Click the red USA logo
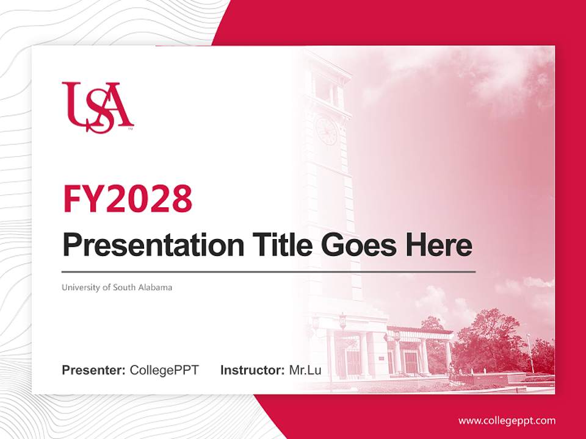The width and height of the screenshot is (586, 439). point(98,107)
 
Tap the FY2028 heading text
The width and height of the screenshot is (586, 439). point(128,199)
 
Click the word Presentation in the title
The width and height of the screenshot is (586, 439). point(153,246)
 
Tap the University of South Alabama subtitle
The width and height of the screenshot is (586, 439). point(117,287)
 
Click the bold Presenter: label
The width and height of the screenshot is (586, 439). point(94,370)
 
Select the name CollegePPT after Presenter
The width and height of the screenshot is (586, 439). point(164,370)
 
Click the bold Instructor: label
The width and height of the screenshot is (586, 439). point(252,370)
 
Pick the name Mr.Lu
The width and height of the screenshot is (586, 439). point(305,370)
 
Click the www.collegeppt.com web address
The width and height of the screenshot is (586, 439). point(507,421)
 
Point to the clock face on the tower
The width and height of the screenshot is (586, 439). point(326,130)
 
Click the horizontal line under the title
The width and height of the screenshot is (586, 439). point(269,271)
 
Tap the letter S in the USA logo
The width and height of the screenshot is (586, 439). point(98,113)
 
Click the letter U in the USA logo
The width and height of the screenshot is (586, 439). point(74,102)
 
